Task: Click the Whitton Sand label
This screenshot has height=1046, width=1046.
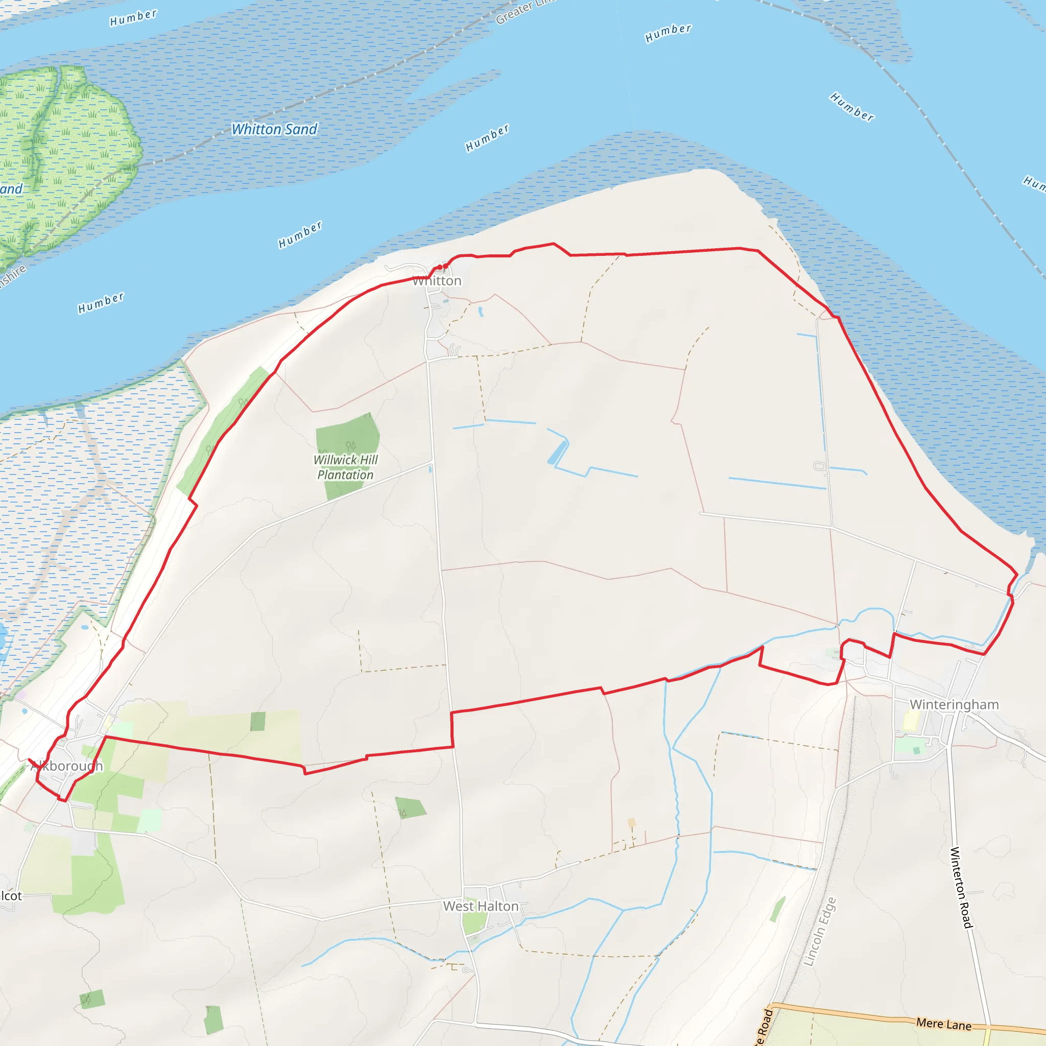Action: [274, 129]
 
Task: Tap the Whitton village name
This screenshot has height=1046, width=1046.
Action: [437, 281]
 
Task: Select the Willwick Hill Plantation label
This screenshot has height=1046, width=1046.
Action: [345, 467]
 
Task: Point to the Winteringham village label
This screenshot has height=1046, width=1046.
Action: [954, 704]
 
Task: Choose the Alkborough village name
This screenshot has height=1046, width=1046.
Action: [66, 766]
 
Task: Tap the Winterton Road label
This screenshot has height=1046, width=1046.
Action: [962, 887]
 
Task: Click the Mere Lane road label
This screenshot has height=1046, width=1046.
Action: [944, 1024]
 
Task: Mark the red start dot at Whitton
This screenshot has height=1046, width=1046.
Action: [445, 266]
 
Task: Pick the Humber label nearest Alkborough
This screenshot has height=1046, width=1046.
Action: [101, 303]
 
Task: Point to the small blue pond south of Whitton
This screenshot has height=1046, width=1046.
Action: [480, 312]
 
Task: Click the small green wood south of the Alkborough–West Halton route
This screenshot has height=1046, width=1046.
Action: [410, 807]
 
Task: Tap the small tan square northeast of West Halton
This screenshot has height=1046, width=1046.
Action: [631, 822]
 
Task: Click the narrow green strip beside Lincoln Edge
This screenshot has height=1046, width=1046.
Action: [777, 909]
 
